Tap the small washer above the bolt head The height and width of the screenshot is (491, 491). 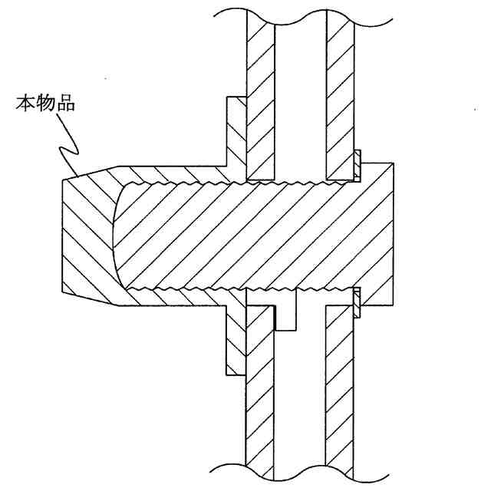[358, 166]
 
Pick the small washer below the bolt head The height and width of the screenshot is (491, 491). [358, 301]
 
